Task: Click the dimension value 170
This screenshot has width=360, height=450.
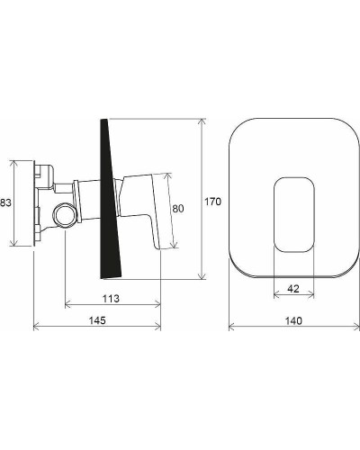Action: pos(212,202)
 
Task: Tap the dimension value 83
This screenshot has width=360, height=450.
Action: pos(5,202)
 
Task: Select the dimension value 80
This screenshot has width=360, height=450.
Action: pos(177,209)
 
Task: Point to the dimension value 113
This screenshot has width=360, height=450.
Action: pos(111,299)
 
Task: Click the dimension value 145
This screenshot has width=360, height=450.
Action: pos(97,320)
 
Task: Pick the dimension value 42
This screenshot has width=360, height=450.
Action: pos(293,289)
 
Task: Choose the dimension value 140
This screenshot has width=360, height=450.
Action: pos(293,320)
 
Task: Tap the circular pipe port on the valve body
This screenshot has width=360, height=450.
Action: pos(64,216)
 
